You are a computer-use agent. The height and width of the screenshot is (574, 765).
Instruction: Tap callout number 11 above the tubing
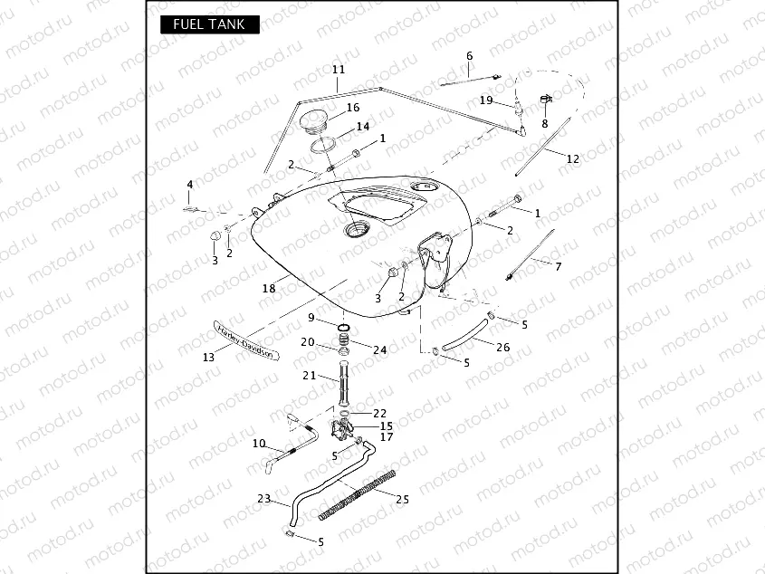339,70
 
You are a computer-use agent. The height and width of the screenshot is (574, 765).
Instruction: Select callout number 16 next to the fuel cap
353,108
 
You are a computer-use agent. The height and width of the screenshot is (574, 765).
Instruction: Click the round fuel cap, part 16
319,120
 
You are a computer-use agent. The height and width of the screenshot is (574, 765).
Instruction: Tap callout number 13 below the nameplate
209,358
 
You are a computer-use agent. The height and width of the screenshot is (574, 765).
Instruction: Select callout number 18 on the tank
268,289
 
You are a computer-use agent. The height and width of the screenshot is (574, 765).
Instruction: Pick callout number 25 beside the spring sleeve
403,499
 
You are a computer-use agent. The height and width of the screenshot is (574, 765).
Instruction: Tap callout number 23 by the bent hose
263,498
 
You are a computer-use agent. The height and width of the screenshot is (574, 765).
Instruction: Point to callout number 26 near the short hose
503,348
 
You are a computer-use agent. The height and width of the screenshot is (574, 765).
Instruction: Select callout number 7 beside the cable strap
558,267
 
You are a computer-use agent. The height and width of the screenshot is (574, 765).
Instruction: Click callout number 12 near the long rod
572,158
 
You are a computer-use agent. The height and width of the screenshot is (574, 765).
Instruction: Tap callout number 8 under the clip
545,123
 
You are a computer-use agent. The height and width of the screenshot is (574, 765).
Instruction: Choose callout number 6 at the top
469,56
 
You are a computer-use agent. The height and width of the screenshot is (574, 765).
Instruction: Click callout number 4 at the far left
189,185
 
